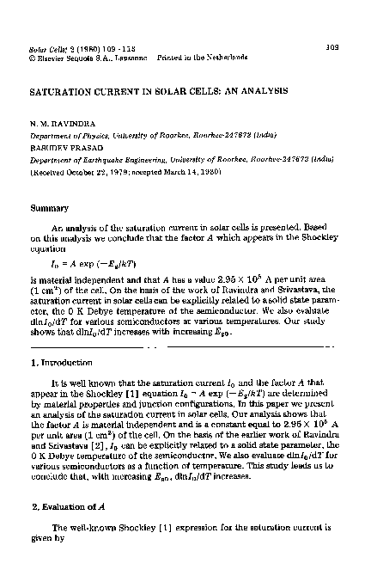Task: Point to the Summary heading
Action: (x=49, y=207)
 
